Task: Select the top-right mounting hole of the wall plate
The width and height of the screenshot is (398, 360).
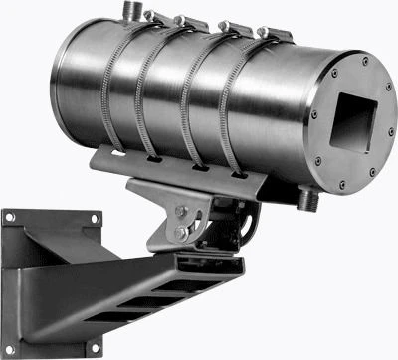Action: pos(93,213)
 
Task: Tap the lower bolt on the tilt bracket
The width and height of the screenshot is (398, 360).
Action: pos(179,234)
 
